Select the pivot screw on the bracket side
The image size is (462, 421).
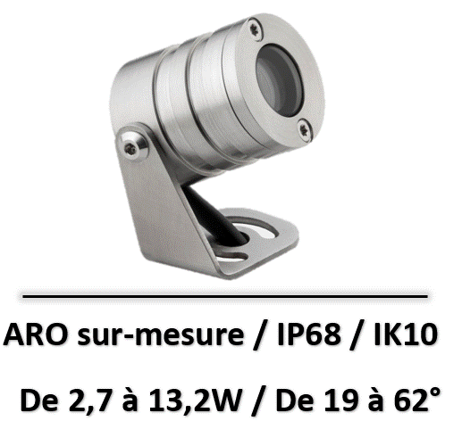pos(135,144)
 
